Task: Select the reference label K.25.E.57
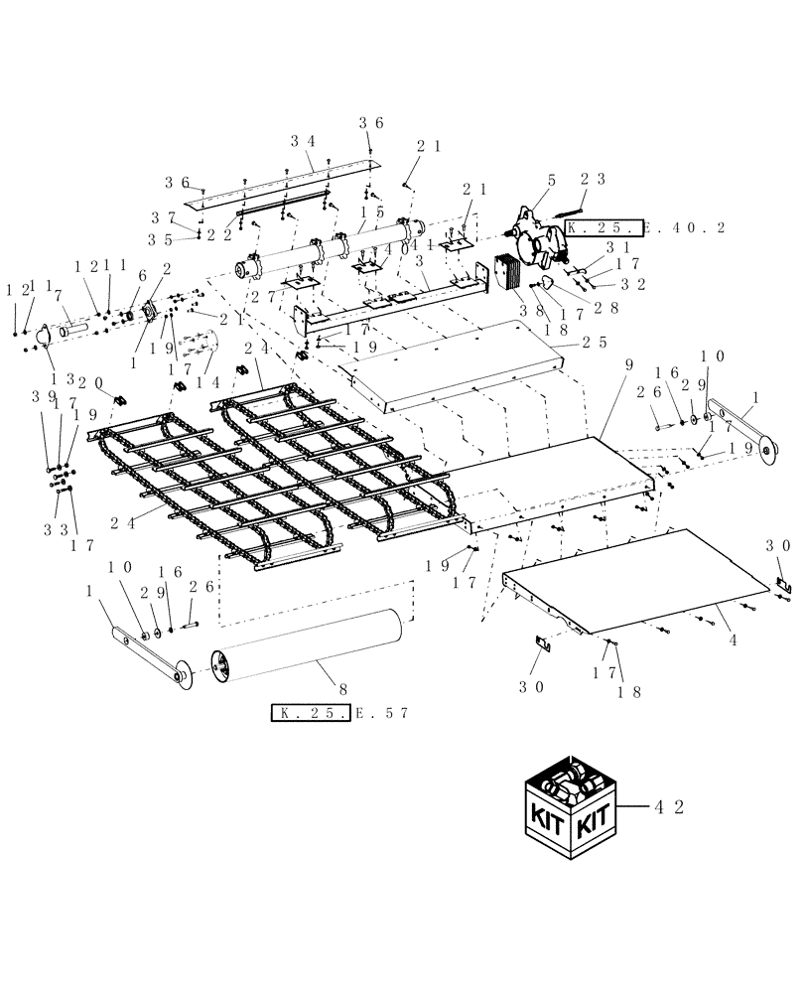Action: tap(339, 713)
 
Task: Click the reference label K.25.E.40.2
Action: tap(645, 227)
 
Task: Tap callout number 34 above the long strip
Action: tap(303, 141)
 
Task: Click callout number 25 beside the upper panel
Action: tap(596, 342)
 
